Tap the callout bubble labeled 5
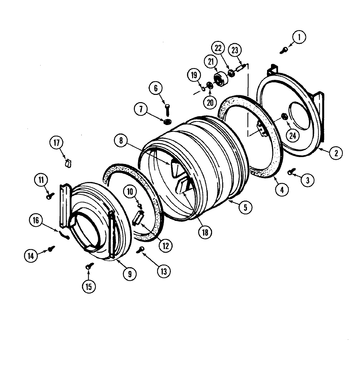[x=245, y=207]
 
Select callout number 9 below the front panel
[x=130, y=274]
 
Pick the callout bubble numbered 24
[x=293, y=135]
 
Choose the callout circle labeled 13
[x=163, y=271]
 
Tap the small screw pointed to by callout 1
[x=283, y=50]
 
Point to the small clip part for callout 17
[x=68, y=162]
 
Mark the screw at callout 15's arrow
[x=88, y=267]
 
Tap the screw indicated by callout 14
[x=51, y=249]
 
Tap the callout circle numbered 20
[x=210, y=102]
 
